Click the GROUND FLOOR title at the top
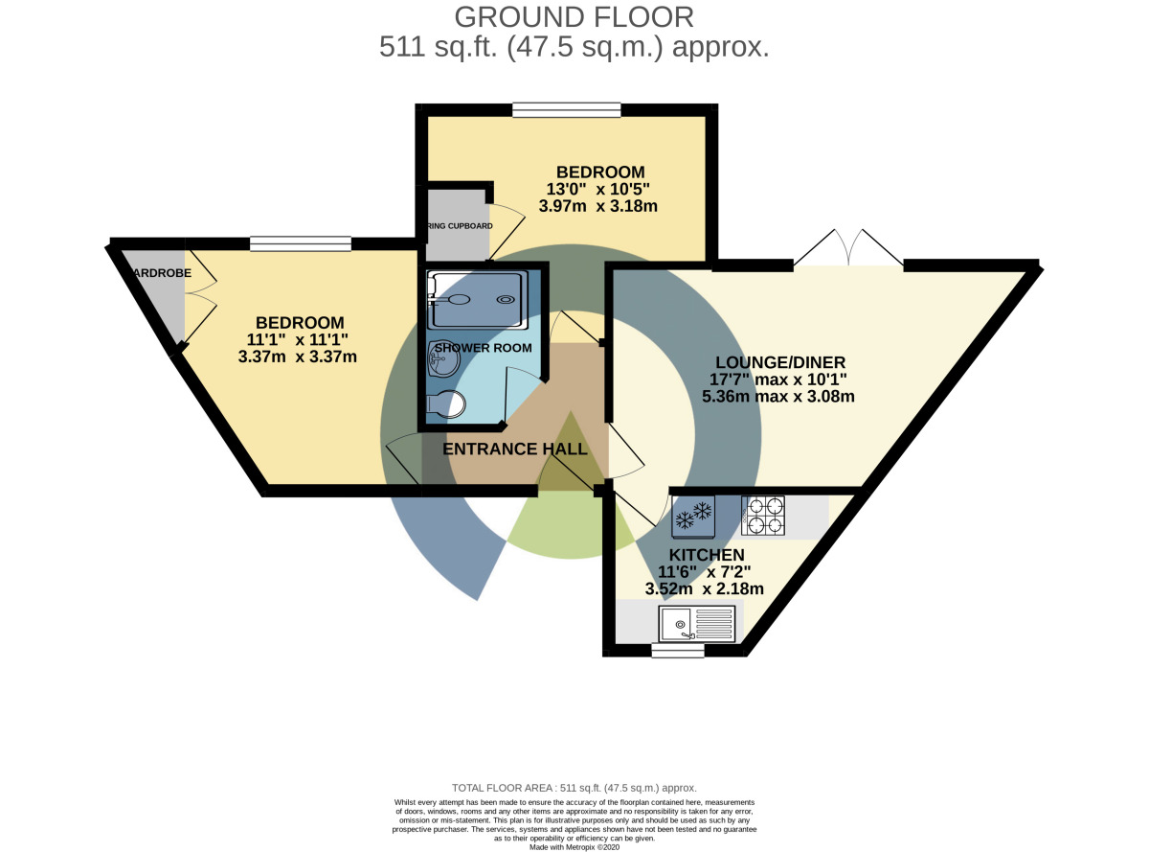574,16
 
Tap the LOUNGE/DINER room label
780,362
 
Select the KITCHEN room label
707,555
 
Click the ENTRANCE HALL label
515,449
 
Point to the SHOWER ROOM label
483,347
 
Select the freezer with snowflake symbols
694,518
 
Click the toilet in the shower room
442,406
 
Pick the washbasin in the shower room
444,363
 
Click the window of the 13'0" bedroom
566,110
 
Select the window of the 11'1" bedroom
300,244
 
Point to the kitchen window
678,651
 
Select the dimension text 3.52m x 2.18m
706,588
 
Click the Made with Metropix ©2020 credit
574,846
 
